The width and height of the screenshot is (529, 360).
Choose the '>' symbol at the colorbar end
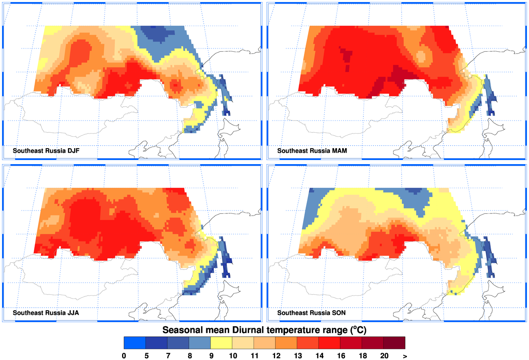405,356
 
